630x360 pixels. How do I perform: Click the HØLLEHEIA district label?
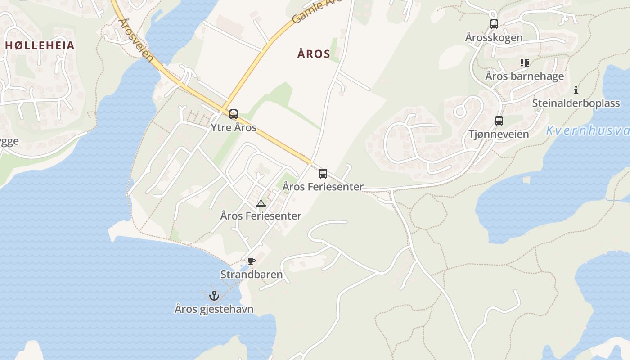click(39, 45)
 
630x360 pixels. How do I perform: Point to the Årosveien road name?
click(135, 40)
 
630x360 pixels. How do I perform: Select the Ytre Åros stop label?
click(234, 127)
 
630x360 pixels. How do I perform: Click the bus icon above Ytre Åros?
click(233, 114)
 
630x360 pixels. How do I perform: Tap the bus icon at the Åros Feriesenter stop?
click(323, 174)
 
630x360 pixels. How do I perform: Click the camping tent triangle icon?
click(261, 203)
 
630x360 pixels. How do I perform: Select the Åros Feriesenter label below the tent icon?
click(261, 216)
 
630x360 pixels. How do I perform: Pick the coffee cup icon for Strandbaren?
click(252, 261)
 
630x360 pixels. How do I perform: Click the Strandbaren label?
click(252, 274)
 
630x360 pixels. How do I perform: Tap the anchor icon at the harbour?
click(214, 296)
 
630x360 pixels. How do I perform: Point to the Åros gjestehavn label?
click(214, 309)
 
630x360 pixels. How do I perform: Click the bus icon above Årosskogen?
click(494, 24)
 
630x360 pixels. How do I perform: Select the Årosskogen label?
click(494, 38)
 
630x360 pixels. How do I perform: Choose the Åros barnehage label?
click(524, 76)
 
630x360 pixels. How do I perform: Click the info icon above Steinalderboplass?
click(576, 90)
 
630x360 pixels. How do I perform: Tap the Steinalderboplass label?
click(576, 103)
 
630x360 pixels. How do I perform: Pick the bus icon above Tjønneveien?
click(499, 121)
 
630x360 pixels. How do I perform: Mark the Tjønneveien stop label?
click(499, 134)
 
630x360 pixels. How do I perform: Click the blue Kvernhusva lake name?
click(587, 131)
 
